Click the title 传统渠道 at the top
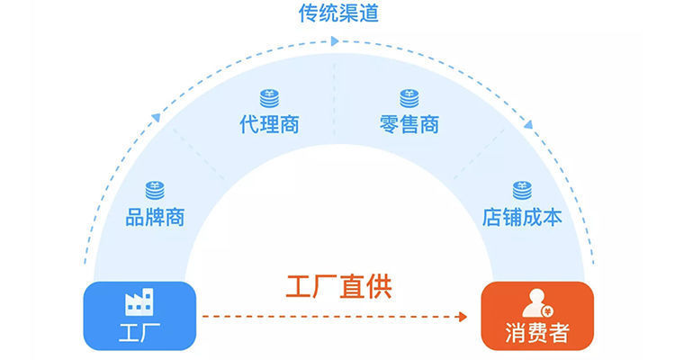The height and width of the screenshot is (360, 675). (338, 13)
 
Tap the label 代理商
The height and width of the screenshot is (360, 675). (269, 124)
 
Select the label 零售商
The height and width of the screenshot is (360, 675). (409, 124)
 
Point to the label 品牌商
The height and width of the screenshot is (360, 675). (155, 217)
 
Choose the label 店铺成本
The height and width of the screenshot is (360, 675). (522, 217)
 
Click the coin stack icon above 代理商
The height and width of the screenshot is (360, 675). (269, 98)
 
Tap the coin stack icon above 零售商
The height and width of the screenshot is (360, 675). (409, 98)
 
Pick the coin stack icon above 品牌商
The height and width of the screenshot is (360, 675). (155, 190)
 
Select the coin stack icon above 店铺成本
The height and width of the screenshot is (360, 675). (522, 190)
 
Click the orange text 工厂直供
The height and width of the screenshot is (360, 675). (338, 286)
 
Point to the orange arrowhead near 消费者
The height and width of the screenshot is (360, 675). (463, 317)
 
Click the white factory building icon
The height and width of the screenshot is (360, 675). (139, 301)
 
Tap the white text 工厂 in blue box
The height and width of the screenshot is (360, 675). (139, 332)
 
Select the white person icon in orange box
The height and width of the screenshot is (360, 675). (537, 303)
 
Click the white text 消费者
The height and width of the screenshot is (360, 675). (537, 332)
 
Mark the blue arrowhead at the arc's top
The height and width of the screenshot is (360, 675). (336, 41)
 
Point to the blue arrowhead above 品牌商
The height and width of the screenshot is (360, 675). (157, 117)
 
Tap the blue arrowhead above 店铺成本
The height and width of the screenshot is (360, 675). (528, 124)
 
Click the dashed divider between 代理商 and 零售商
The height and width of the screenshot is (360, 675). (335, 100)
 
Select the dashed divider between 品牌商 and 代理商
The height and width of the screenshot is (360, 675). (199, 154)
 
